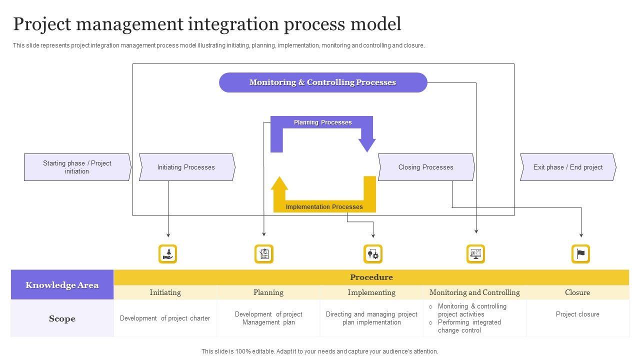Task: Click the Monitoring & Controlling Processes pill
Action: [x=323, y=82]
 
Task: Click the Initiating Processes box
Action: [x=186, y=167]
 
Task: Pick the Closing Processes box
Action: [x=425, y=167]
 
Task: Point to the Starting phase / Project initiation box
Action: [x=77, y=167]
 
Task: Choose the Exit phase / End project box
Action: [x=567, y=167]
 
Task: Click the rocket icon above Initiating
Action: [x=168, y=254]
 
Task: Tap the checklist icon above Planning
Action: [x=264, y=254]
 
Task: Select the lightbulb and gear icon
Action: [x=373, y=254]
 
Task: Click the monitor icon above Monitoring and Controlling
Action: [x=475, y=254]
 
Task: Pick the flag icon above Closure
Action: [x=580, y=254]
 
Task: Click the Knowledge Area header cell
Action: [x=62, y=285]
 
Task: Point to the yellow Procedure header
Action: [x=371, y=277]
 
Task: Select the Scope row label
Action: [x=62, y=318]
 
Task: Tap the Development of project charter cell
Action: [x=165, y=318]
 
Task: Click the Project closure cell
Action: [x=577, y=314]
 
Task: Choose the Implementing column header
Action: [x=371, y=292]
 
